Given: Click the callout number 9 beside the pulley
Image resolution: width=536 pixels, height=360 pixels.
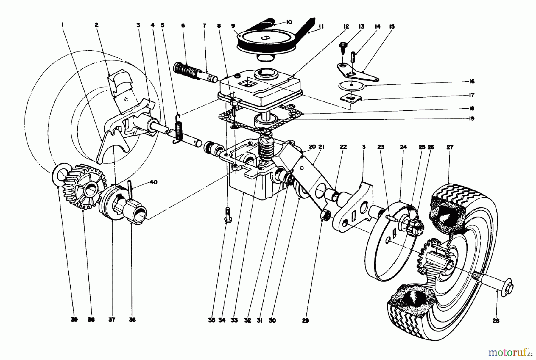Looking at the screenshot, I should [x=233, y=26].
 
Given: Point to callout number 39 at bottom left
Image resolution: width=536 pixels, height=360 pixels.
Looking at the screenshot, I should [x=74, y=320].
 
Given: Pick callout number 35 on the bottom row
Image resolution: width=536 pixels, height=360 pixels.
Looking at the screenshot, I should [x=211, y=320].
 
